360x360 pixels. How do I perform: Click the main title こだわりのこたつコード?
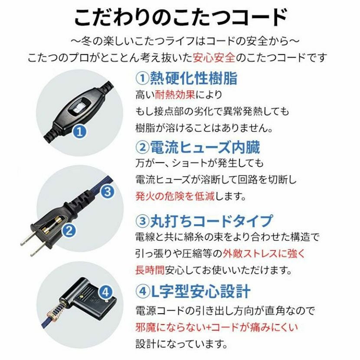(181, 18)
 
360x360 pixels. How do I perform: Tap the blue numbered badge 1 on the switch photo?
(80, 132)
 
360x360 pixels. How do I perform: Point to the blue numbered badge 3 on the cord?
(108, 191)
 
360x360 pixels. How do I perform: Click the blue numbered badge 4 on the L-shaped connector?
(105, 292)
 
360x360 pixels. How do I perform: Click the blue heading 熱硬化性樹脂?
(193, 78)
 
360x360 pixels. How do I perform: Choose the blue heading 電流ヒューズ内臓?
(205, 147)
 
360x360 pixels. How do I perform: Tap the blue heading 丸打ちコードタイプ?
(212, 221)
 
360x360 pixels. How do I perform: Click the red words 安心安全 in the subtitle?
(214, 58)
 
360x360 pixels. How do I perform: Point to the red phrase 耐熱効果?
(175, 95)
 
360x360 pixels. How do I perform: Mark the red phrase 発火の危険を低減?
(175, 196)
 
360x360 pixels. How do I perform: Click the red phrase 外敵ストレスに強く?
(264, 253)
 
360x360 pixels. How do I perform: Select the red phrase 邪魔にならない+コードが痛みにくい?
(216, 327)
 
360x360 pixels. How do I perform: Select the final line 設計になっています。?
(181, 344)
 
